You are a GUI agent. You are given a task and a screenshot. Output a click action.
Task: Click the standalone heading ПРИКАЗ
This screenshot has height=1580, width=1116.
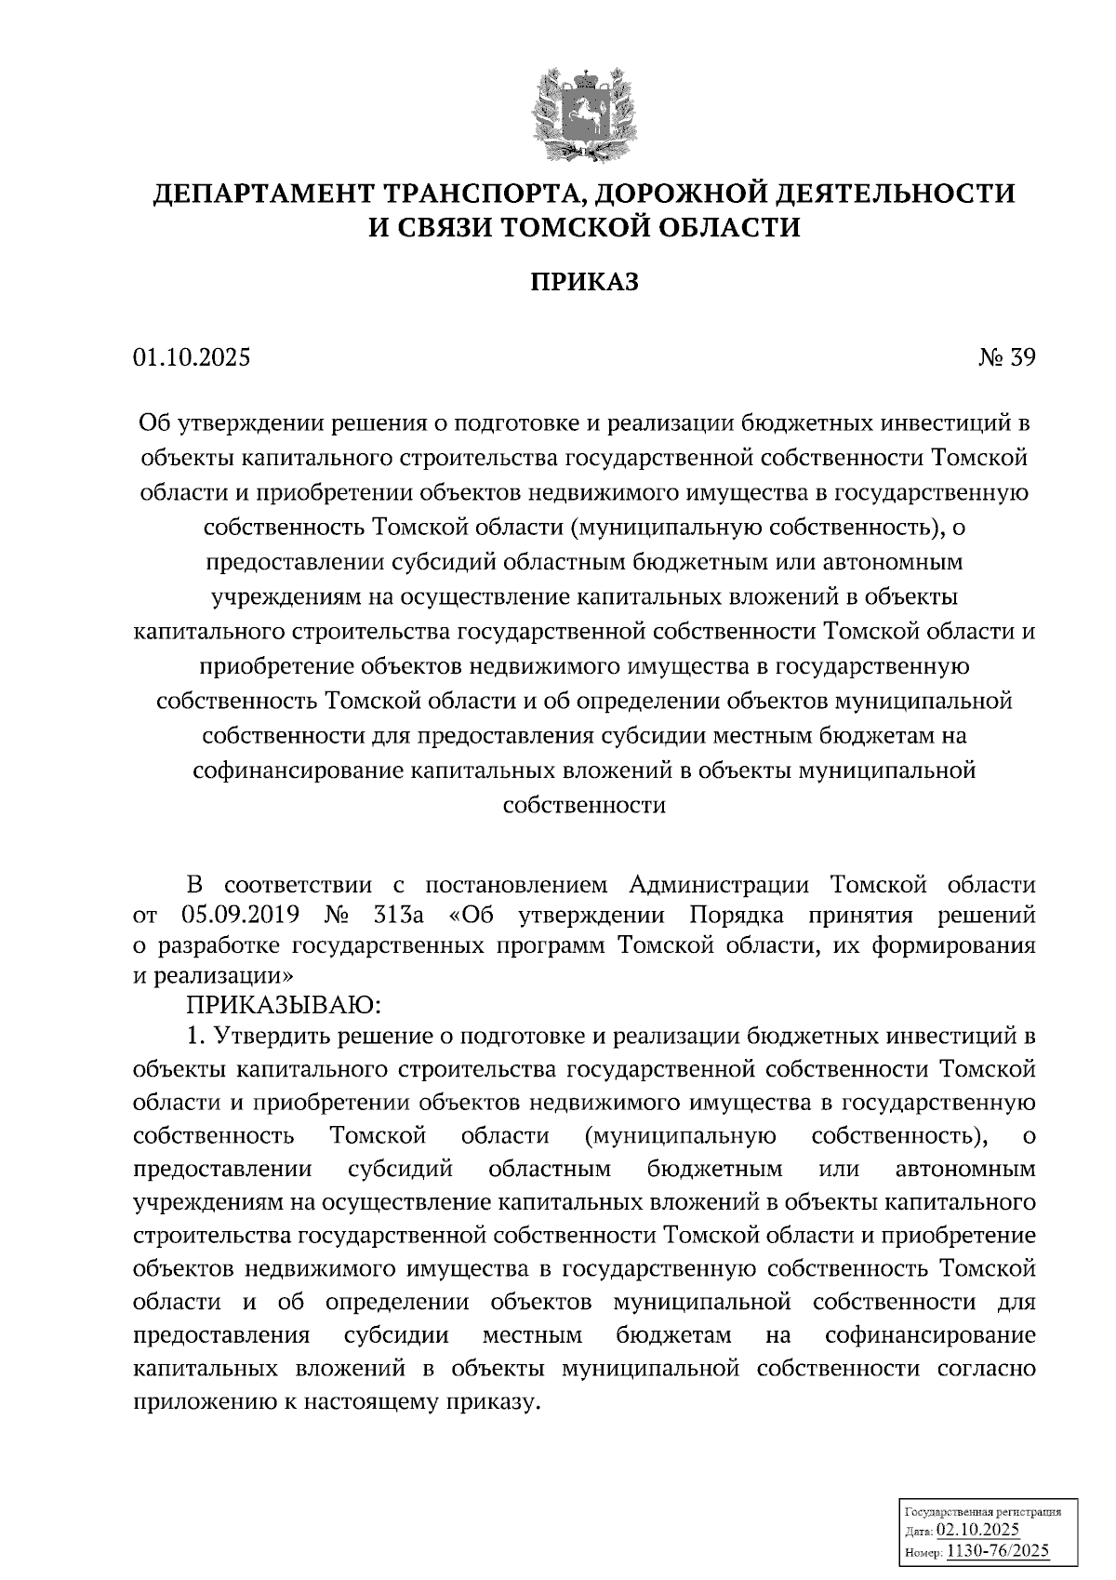pyautogui.click(x=584, y=282)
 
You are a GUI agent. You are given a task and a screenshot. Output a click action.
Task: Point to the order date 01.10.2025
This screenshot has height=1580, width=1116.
pyautogui.click(x=192, y=357)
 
